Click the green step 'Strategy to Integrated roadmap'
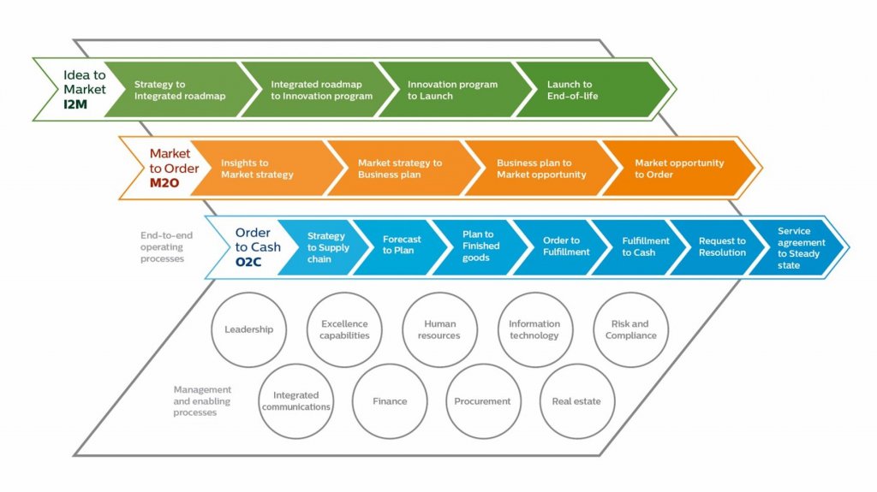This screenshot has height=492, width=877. (x=180, y=90)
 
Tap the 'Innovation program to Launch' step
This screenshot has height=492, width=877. (x=452, y=90)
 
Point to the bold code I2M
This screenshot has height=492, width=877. (x=75, y=104)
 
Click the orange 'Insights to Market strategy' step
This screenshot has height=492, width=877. (x=265, y=169)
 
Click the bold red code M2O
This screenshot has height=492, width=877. (x=164, y=183)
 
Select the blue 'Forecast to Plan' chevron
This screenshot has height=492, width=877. (x=400, y=247)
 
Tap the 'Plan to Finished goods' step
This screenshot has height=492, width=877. (x=479, y=247)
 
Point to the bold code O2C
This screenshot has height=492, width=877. (x=248, y=262)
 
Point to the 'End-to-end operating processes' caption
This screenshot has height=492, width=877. (x=166, y=247)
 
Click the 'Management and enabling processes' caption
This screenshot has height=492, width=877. (x=202, y=400)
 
